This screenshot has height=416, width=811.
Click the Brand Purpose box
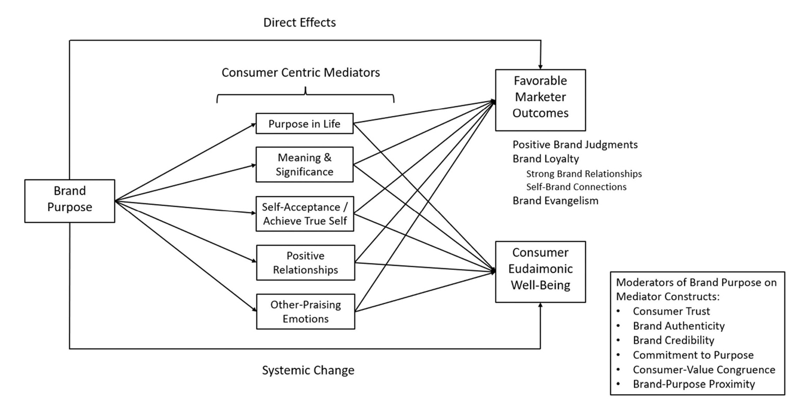pyautogui.click(x=70, y=200)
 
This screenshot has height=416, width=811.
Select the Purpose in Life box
pyautogui.click(x=305, y=124)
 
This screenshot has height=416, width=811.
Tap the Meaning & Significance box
pyautogui.click(x=305, y=165)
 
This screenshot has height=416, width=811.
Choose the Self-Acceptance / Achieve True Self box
pyautogui.click(x=305, y=214)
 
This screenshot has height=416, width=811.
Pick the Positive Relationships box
pyautogui.click(x=305, y=263)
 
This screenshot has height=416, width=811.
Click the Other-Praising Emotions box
pyautogui.click(x=305, y=312)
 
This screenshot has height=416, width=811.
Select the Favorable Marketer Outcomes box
pyautogui.click(x=540, y=100)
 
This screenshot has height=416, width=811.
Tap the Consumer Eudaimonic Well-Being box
pyautogui.click(x=540, y=272)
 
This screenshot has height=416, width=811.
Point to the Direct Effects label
pyautogui.click(x=299, y=23)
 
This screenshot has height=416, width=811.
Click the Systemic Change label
pyautogui.click(x=308, y=370)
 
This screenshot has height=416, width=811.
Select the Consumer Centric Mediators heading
pyautogui.click(x=300, y=73)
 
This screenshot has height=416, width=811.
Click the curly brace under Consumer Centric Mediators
pyautogui.click(x=305, y=95)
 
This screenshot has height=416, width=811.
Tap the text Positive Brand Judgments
pyautogui.click(x=575, y=144)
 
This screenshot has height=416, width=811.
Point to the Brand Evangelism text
pyautogui.click(x=555, y=200)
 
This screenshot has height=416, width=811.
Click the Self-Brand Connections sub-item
pyautogui.click(x=576, y=187)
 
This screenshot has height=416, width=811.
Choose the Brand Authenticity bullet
pyautogui.click(x=678, y=326)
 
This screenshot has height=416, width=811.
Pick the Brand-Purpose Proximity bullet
pyautogui.click(x=694, y=384)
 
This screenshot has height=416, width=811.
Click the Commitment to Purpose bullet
pyautogui.click(x=693, y=355)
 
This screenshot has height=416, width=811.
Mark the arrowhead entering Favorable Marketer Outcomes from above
pyautogui.click(x=540, y=66)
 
